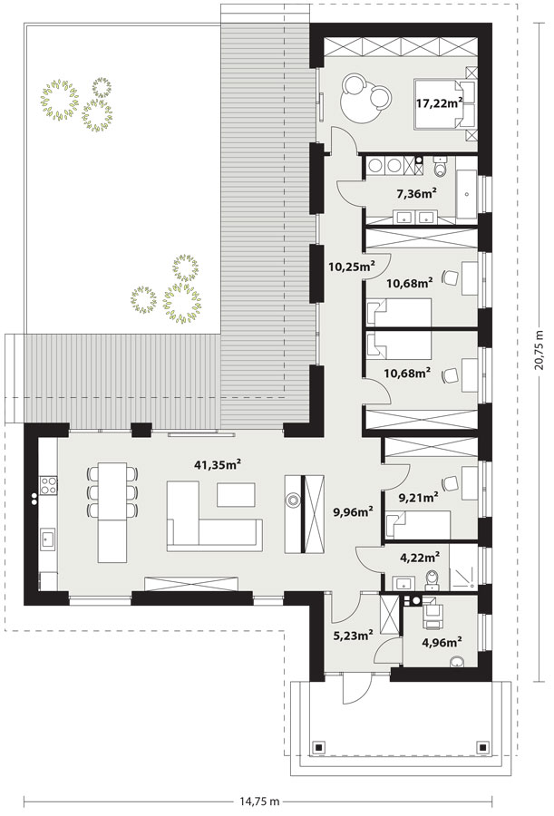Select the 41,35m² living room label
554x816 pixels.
pyautogui.click(x=218, y=464)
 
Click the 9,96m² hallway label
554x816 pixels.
pyautogui.click(x=354, y=512)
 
